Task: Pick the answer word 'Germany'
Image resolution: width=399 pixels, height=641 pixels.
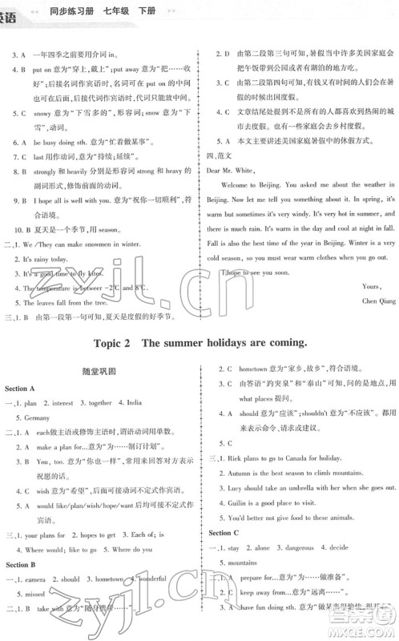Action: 37,417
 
